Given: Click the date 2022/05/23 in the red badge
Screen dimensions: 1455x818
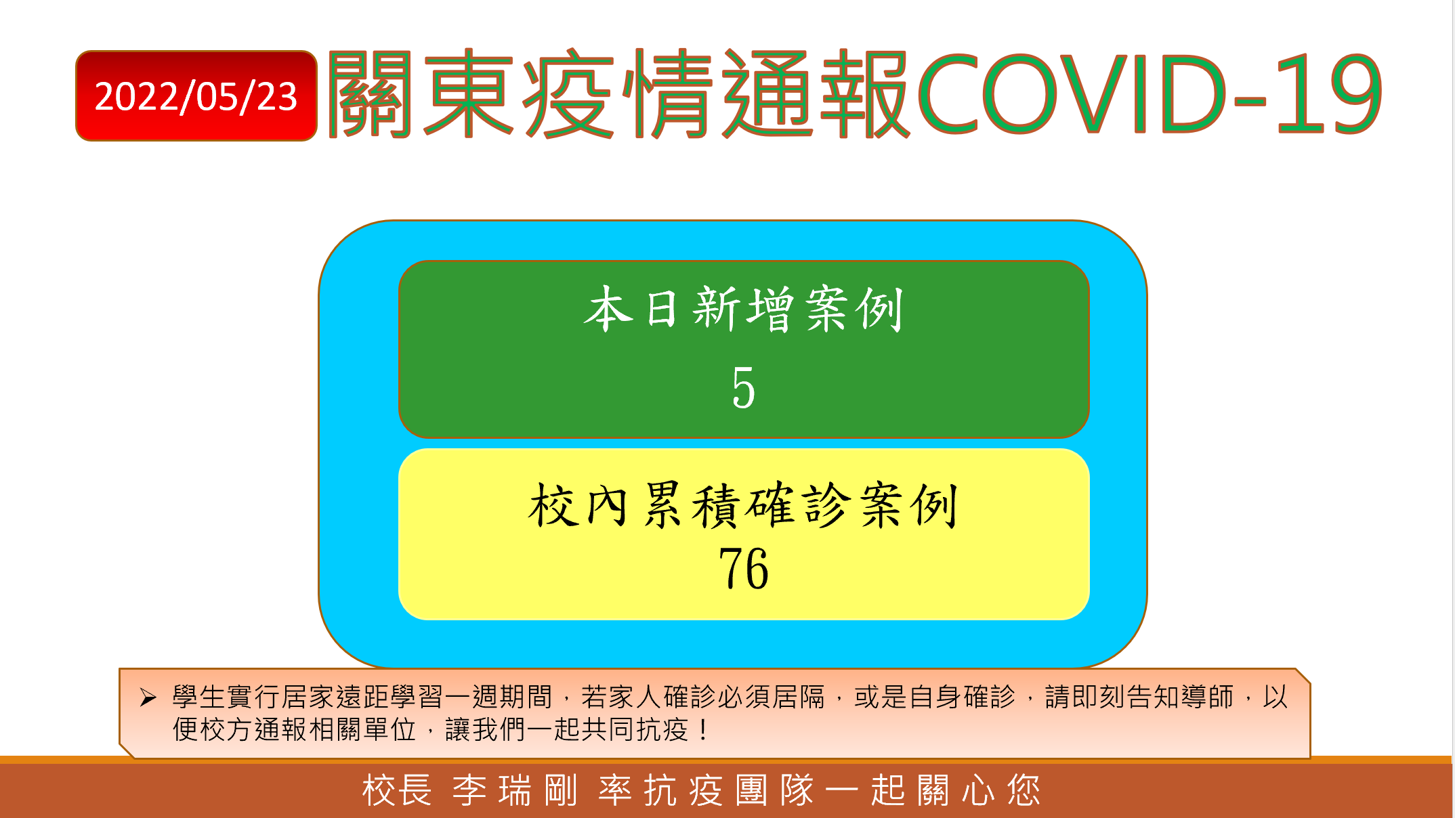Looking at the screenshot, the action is click(196, 97).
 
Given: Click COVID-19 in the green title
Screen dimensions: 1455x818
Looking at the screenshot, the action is click(1150, 93).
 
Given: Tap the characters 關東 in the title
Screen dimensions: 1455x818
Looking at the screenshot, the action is click(421, 93).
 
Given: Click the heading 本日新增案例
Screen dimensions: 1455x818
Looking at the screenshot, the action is click(743, 309).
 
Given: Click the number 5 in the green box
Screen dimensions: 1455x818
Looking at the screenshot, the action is click(743, 387).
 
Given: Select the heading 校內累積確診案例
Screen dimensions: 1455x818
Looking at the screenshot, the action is click(743, 505).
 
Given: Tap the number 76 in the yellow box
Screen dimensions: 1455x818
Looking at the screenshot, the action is click(743, 569).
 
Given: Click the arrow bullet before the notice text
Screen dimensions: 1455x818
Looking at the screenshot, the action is click(148, 697).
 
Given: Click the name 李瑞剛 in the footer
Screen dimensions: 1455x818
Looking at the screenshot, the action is click(515, 790).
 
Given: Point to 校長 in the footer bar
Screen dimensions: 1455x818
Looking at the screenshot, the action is click(397, 790).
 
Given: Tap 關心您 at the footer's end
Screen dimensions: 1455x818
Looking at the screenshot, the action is click(979, 790).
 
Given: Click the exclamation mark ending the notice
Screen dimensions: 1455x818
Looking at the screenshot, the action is click(704, 730).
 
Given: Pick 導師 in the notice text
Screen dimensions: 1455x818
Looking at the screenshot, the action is click(1208, 697).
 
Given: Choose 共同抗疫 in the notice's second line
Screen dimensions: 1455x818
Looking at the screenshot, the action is click(634, 730).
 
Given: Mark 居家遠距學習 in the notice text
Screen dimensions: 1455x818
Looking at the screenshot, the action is click(362, 697).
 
